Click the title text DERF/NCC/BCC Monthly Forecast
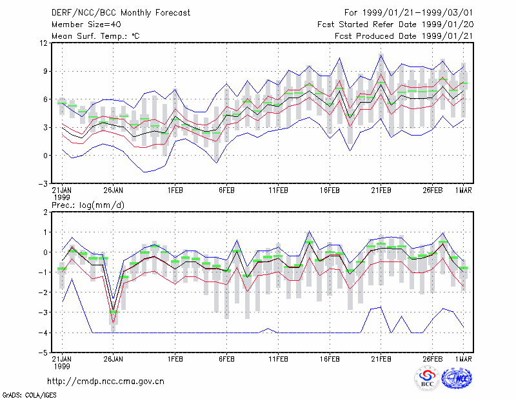point(121,13)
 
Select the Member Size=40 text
point(86,25)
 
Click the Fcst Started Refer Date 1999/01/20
point(395,25)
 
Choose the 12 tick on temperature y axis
point(45,43)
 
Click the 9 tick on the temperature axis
point(45,71)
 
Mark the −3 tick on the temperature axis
point(43,183)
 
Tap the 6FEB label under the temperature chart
point(227,190)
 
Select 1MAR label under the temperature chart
point(464,190)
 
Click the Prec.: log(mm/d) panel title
point(88,205)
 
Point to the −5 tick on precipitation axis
point(43,353)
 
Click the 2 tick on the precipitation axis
point(45,212)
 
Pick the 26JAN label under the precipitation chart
point(114,359)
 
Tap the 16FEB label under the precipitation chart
point(330,359)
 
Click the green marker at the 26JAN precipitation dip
point(114,311)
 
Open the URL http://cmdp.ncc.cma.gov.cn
point(106,382)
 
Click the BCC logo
point(427,378)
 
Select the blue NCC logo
point(457,378)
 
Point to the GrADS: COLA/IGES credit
point(29,395)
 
